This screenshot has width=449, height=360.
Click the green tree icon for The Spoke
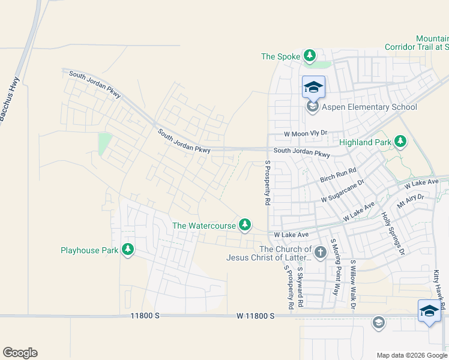click(310, 56)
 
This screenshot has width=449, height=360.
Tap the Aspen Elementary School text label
click(369, 107)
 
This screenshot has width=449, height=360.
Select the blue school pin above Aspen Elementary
click(313, 88)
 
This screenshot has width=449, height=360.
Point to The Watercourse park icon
click(244, 225)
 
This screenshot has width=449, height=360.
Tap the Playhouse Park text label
click(89, 250)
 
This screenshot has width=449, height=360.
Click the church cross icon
click(320, 253)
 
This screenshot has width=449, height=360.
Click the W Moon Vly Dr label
click(306, 133)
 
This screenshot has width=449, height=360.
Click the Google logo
click(20, 353)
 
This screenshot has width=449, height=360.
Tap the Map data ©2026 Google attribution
click(411, 355)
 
